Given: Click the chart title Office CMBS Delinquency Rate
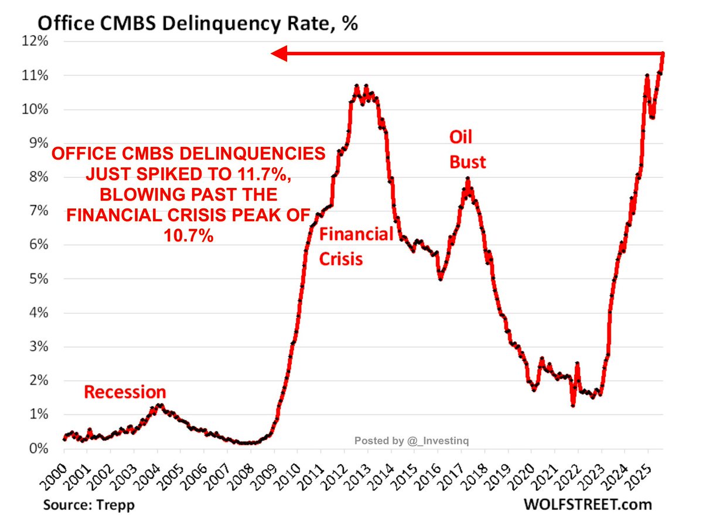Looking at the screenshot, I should click(x=197, y=25).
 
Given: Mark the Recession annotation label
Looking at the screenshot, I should click(x=125, y=392).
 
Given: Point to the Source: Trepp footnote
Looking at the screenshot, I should click(x=83, y=505).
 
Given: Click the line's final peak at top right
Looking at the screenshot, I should click(x=663, y=53).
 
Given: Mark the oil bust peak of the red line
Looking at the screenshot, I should click(x=467, y=179).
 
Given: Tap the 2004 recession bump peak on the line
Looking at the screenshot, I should click(x=158, y=405).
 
